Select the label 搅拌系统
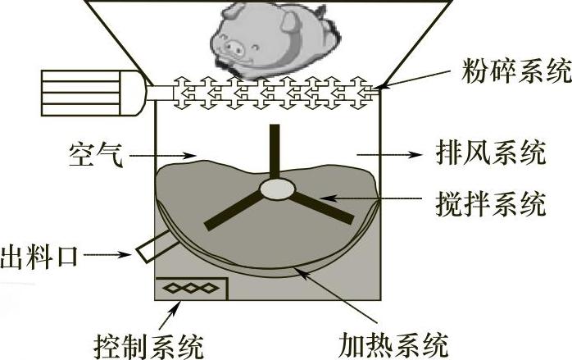coord(493,203)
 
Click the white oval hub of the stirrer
coord(278,190)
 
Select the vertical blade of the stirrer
coord(275,152)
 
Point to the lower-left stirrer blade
coord(233,211)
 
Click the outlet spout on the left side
coord(152,247)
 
